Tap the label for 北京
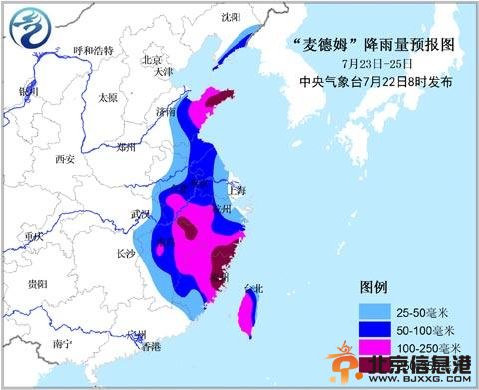pos(152,59)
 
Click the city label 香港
pos(150,347)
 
